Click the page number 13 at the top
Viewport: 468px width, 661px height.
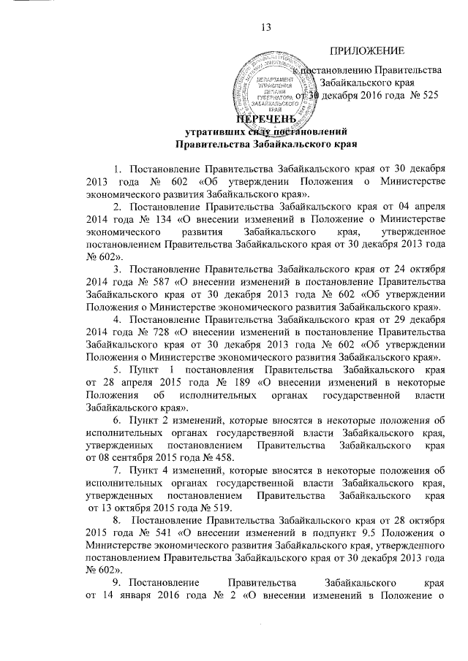(266, 28)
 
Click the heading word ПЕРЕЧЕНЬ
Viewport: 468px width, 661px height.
(266, 119)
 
